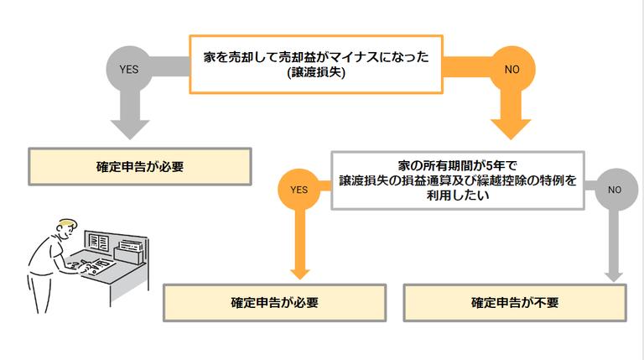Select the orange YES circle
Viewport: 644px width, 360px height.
tap(299, 189)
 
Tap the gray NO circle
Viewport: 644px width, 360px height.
tap(614, 189)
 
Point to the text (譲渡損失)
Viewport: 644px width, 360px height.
tap(316, 73)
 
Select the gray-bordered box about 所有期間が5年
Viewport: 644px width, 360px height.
tap(457, 179)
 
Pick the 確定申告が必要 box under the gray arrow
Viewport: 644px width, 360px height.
tap(140, 166)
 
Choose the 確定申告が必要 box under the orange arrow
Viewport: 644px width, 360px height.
tap(274, 302)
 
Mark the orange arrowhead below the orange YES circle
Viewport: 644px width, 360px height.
tap(299, 269)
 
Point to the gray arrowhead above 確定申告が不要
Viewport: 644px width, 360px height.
tap(614, 271)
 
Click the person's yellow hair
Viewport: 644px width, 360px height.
tap(66, 224)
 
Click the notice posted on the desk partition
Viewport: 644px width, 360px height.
tap(97, 242)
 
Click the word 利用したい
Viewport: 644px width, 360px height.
tap(457, 195)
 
